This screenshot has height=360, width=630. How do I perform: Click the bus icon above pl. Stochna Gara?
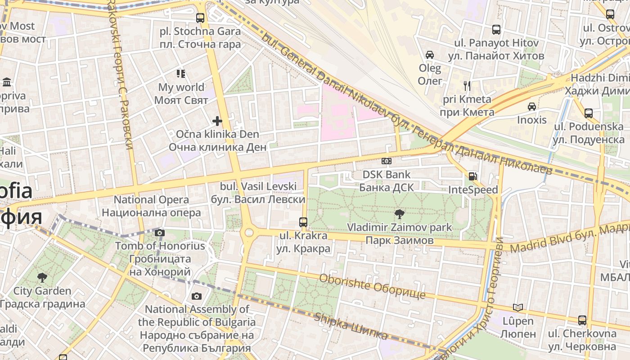coord(200,18)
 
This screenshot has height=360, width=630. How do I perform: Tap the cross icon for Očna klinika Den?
coord(217,121)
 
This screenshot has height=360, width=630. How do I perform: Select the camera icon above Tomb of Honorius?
coord(160,233)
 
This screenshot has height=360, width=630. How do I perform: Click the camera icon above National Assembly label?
coord(197,296)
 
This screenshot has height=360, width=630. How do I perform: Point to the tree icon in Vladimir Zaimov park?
coord(399,214)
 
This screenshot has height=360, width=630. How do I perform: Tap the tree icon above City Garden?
coord(42,277)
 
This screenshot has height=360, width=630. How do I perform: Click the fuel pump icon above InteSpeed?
coord(472,176)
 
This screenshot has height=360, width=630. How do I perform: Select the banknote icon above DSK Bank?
coord(386,161)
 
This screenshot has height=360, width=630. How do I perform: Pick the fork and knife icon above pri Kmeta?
coord(467,85)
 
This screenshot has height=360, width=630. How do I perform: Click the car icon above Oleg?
coord(430,55)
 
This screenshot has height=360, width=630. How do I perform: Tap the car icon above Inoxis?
coord(532,107)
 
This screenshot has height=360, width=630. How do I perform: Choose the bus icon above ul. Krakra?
coord(303,222)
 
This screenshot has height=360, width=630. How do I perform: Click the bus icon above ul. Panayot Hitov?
coord(496,30)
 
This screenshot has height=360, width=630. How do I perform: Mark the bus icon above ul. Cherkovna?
coord(582,320)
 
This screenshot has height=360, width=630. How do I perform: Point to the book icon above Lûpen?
coord(518,307)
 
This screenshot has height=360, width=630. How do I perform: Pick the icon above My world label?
coord(181,73)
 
